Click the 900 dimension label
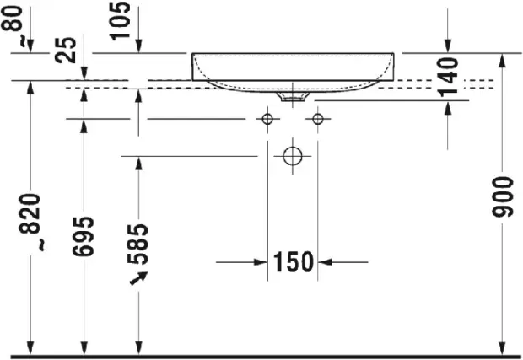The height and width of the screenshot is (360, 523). [x=503, y=197]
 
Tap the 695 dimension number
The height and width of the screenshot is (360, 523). [x=84, y=236]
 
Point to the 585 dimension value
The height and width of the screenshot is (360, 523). [x=138, y=244]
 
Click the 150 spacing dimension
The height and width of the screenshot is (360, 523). [x=294, y=262]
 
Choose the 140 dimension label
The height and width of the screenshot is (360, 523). [x=448, y=78]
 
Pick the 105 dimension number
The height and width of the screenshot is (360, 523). [x=121, y=21]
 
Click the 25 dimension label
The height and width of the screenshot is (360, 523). [x=66, y=50]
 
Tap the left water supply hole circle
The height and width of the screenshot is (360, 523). [x=267, y=119]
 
